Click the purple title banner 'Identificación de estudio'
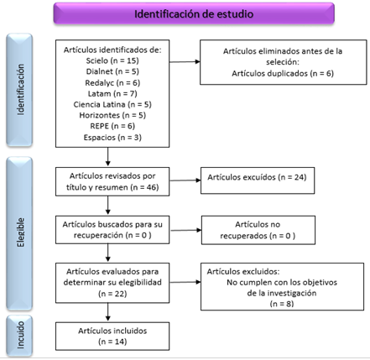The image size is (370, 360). [194, 13]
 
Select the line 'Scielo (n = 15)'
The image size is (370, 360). [112, 60]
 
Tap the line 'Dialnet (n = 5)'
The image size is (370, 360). [112, 71]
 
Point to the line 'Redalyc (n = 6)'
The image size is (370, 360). [112, 83]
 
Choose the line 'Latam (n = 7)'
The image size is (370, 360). [112, 93]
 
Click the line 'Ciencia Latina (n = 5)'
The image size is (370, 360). [112, 104]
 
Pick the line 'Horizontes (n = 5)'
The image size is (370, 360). [112, 115]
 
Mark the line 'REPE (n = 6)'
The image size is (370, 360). [112, 126]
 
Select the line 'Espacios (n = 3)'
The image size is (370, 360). [112, 138]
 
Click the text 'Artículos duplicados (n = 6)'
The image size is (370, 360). [283, 73]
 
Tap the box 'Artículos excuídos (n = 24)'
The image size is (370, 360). [258, 180]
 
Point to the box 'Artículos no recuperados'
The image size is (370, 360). [258, 230]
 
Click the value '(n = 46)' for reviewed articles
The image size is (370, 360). [144, 187]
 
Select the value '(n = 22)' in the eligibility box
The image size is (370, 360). [112, 294]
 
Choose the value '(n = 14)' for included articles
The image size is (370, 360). [112, 342]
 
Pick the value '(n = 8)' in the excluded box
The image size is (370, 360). [282, 304]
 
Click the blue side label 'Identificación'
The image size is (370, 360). [19, 90]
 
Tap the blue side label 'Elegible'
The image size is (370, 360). [19, 233]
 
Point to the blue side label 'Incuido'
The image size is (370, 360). [19, 335]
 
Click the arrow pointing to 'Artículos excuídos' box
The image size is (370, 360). [185, 180]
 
